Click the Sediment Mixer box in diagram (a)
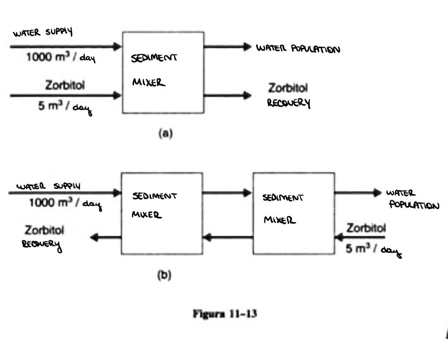163,72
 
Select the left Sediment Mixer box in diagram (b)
162,213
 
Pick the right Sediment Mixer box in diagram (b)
294,213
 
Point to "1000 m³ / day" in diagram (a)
61,58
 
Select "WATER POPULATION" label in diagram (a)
298,48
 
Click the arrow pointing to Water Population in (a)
227,46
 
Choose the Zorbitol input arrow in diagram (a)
66,95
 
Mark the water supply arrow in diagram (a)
66,46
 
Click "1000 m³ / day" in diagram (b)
64,203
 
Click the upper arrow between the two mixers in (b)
227,192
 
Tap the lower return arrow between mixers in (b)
227,238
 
